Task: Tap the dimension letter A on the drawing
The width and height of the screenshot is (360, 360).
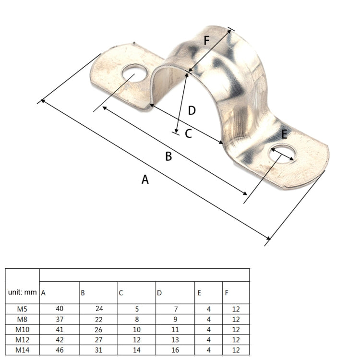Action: [145, 180]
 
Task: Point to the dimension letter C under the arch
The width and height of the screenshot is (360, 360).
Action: [188, 134]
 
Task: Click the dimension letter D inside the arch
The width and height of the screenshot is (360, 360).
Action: [192, 111]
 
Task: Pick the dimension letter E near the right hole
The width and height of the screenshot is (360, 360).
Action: [284, 134]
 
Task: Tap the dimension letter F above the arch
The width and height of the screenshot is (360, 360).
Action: [206, 40]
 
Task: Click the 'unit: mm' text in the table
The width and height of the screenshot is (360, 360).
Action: [23, 292]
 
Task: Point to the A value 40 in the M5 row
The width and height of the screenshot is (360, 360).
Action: [60, 309]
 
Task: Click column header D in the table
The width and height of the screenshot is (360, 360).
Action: [159, 292]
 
